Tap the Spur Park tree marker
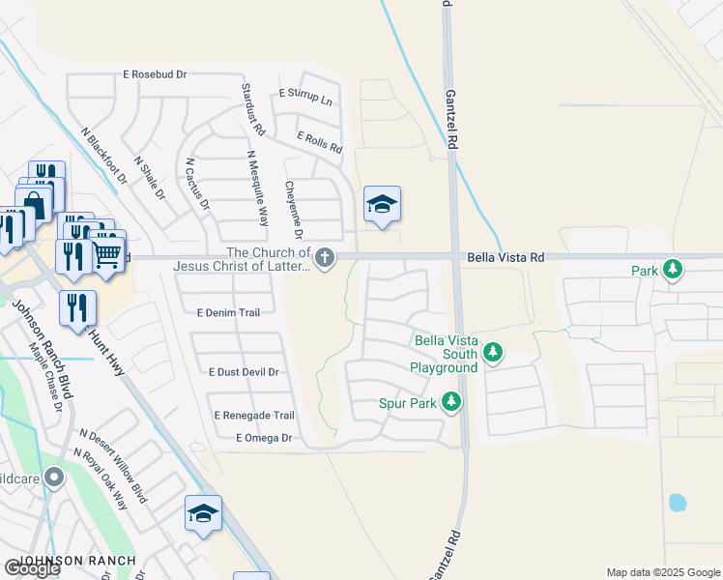[x=450, y=400]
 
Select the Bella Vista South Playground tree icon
[x=493, y=352]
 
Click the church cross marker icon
[x=327, y=257]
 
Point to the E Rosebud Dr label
[x=155, y=73]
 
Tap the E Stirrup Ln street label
[x=304, y=94]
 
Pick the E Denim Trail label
[x=229, y=313]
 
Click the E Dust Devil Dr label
[x=244, y=371]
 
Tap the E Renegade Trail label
[x=253, y=415]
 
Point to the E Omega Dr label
[x=263, y=438]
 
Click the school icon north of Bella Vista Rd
[x=382, y=204]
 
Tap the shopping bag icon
[x=33, y=205]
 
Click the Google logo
[x=32, y=568]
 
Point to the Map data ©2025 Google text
[x=663, y=572]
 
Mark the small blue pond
[x=678, y=503]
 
